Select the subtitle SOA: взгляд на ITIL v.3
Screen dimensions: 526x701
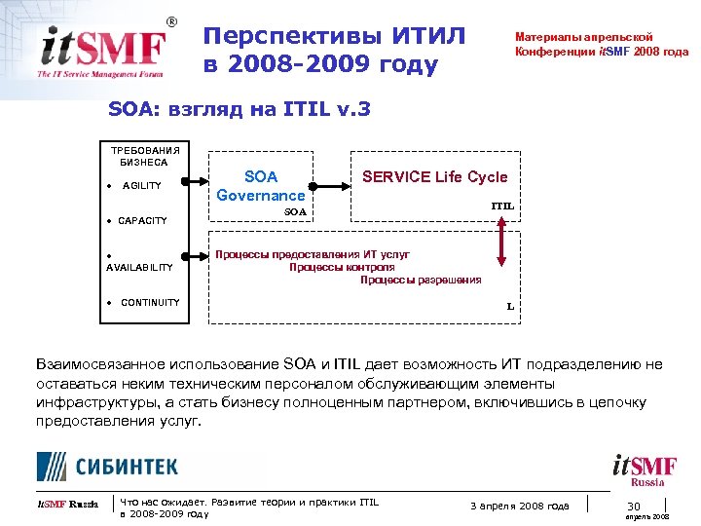[240, 109]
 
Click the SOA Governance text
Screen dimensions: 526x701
[260, 185]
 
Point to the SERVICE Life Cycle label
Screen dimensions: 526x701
[434, 176]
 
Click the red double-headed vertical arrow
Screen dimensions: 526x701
[501, 242]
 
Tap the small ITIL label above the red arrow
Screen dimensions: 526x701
[502, 207]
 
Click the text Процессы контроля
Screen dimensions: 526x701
[342, 267]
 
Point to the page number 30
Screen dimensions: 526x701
[633, 505]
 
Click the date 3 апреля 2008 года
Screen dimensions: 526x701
[520, 505]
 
